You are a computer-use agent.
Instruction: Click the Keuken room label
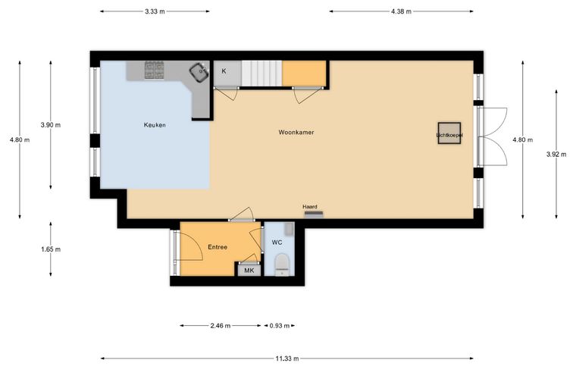click(155, 125)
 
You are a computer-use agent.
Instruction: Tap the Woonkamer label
click(296, 132)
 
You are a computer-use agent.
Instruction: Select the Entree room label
click(218, 247)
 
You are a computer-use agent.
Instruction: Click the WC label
click(277, 243)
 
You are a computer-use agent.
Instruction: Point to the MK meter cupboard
click(249, 271)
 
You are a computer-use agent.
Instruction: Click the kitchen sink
click(199, 71)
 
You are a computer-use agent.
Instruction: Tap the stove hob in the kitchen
click(155, 70)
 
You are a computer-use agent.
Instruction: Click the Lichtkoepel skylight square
click(449, 133)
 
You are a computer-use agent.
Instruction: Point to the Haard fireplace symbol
click(314, 214)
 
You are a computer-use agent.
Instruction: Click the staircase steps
click(261, 74)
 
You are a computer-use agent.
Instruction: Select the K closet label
click(224, 71)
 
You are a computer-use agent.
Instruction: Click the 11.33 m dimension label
click(287, 359)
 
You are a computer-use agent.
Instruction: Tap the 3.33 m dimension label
click(155, 11)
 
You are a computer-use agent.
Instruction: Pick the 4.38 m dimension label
click(401, 11)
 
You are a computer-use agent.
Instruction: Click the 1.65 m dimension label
click(51, 249)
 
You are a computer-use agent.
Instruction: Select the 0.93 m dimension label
click(280, 325)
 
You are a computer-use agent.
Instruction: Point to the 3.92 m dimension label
click(556, 155)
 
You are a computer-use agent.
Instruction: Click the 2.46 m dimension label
click(221, 325)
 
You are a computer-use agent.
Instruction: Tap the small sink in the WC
click(290, 229)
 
